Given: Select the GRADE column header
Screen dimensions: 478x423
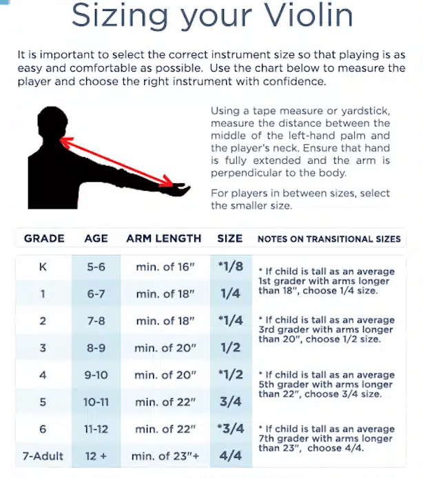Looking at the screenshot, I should tap(44, 238).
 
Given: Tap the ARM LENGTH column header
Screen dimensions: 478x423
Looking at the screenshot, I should tap(164, 238).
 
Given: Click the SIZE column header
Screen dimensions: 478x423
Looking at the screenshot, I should tap(230, 238).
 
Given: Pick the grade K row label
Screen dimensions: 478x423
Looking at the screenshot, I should tap(43, 267).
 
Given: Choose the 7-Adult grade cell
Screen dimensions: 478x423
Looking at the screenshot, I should tap(43, 455).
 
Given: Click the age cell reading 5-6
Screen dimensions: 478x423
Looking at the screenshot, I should tap(96, 267).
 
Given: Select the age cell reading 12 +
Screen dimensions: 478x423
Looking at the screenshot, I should tap(96, 455).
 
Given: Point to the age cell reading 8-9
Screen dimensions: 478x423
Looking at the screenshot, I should tap(96, 348).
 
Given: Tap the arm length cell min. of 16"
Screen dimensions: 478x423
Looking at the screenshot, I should tap(165, 267).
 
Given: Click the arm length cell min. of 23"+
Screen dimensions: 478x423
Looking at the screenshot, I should tap(165, 455).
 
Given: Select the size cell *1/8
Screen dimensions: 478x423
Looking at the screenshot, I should tap(230, 267).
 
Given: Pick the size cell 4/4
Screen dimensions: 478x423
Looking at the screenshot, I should tap(231, 455).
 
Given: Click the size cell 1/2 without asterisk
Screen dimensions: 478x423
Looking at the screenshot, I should tap(231, 348).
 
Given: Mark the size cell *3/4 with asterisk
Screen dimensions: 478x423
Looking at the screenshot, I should tap(230, 428).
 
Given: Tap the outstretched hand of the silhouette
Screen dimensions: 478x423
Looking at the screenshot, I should tap(180, 187).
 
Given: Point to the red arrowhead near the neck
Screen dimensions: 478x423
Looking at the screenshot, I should tap(63, 141).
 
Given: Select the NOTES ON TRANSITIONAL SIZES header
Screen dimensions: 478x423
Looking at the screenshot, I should tap(329, 239).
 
